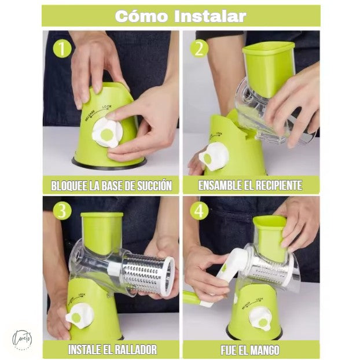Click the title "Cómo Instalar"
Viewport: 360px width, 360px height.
(x=180, y=16)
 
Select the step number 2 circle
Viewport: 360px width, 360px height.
(x=200, y=49)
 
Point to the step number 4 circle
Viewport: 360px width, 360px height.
(x=200, y=211)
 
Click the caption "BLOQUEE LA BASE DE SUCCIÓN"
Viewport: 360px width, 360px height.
(x=111, y=186)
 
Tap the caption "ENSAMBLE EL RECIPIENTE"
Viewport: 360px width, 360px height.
(x=250, y=186)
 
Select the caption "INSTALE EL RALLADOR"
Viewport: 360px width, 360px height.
(x=111, y=350)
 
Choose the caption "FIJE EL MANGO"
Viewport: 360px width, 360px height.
(x=250, y=350)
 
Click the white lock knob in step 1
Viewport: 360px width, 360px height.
(x=108, y=134)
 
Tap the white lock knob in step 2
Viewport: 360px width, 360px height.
(x=212, y=157)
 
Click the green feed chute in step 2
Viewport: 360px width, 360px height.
(x=267, y=64)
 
